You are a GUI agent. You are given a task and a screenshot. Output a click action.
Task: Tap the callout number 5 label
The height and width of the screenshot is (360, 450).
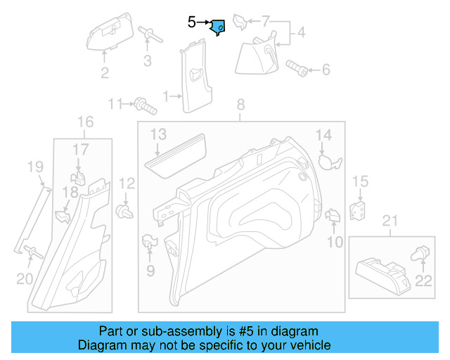coord(191,22)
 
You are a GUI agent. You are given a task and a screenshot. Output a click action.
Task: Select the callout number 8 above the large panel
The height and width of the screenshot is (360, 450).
coord(240,105)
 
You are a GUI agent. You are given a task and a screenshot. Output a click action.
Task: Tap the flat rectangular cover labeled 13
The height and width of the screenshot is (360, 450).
coord(176,153)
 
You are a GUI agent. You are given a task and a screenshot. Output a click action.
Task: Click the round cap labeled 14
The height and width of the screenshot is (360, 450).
coord(327,161)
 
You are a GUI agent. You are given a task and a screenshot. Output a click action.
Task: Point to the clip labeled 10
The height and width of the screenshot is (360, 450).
coord(333,217)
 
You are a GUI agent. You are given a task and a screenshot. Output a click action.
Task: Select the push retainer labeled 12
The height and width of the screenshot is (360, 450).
coord(125,212)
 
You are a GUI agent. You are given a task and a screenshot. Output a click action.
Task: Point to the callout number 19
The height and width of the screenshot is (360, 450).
coord(35,167)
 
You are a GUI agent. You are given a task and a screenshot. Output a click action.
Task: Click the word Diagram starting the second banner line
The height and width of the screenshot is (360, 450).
coord(104,346)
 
